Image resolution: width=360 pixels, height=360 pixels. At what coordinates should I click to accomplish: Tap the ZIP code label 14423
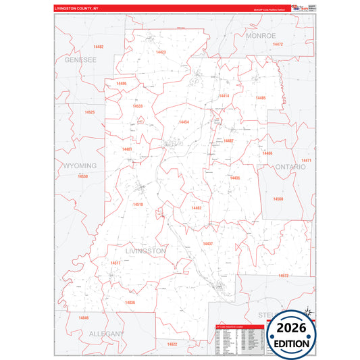160,52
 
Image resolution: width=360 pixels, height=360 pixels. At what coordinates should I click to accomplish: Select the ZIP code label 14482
99,47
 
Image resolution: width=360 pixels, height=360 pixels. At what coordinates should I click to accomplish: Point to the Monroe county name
261,35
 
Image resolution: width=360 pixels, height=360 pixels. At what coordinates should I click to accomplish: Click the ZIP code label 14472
278,44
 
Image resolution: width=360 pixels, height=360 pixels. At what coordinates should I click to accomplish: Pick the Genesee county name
80,59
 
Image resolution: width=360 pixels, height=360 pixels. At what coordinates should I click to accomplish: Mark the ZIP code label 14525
89,111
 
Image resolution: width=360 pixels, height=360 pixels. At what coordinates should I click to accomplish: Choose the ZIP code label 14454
183,122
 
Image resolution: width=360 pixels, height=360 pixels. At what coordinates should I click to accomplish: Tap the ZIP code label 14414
224,96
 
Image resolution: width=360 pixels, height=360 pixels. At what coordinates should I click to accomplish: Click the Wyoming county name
80,165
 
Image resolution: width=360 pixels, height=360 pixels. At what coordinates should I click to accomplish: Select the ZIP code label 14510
138,203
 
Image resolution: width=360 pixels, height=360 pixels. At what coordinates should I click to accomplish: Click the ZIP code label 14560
278,199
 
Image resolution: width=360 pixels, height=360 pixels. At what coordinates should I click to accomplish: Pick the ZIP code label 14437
208,243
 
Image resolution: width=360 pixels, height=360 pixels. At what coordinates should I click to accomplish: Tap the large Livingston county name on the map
146,251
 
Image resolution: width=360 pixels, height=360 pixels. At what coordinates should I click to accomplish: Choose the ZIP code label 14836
130,302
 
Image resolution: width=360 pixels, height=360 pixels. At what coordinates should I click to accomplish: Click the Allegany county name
106,334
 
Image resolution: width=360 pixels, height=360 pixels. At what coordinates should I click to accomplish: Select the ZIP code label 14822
172,344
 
